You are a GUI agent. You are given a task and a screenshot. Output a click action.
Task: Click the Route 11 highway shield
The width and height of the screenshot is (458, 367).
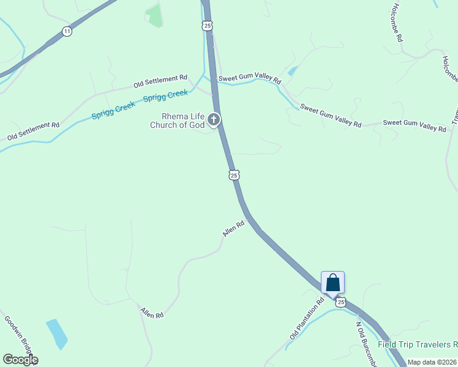click(x=67, y=31)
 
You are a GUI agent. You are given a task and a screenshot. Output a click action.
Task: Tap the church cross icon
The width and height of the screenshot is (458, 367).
click(x=214, y=119)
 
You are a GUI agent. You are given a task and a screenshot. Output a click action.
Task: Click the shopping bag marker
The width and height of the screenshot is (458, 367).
click(x=332, y=283)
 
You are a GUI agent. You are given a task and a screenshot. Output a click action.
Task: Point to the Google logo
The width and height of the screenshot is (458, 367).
click(x=20, y=360)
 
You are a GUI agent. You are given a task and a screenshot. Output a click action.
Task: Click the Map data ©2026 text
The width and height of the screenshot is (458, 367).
click(x=432, y=362)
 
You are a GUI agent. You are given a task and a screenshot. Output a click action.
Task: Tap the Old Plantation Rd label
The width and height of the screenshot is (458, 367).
click(x=307, y=319)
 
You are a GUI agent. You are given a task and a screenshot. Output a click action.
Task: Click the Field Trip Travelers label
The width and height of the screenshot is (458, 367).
click(x=417, y=344)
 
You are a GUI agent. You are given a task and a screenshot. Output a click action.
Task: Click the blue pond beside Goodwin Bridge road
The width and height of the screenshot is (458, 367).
click(x=57, y=333)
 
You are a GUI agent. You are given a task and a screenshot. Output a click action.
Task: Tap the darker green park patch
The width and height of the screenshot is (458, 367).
click(x=155, y=15)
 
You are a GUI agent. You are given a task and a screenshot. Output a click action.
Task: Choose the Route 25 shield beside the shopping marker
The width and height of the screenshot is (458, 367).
click(x=341, y=302)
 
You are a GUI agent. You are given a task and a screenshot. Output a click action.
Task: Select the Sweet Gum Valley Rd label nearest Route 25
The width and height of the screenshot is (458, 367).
click(x=250, y=80)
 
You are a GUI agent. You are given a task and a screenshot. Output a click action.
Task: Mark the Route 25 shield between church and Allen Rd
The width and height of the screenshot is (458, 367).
click(x=233, y=176)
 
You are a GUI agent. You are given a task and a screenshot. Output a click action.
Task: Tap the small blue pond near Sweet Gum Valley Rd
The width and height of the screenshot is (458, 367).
click(x=293, y=71)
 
